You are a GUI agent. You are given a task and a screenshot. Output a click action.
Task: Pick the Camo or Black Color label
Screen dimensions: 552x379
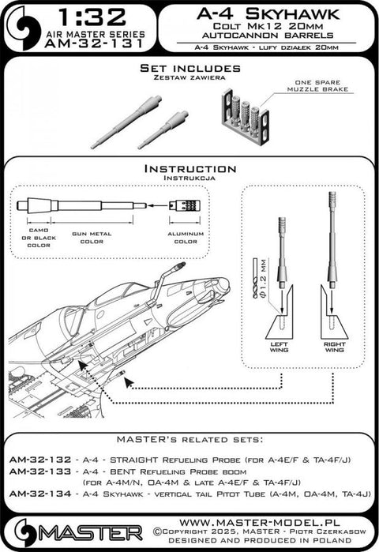tap(39, 239)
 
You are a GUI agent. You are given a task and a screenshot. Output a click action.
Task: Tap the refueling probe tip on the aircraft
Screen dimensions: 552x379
tap(184, 268)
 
